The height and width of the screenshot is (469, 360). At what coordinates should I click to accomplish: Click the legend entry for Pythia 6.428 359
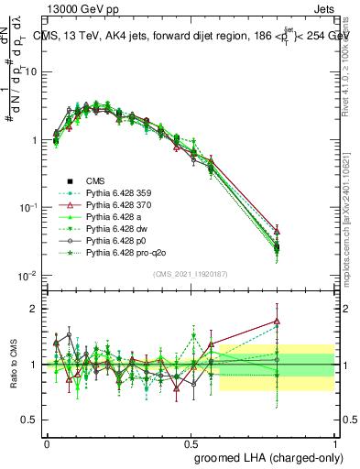[x=111, y=193]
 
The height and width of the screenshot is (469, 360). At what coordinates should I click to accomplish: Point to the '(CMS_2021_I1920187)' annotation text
[x=190, y=273]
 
